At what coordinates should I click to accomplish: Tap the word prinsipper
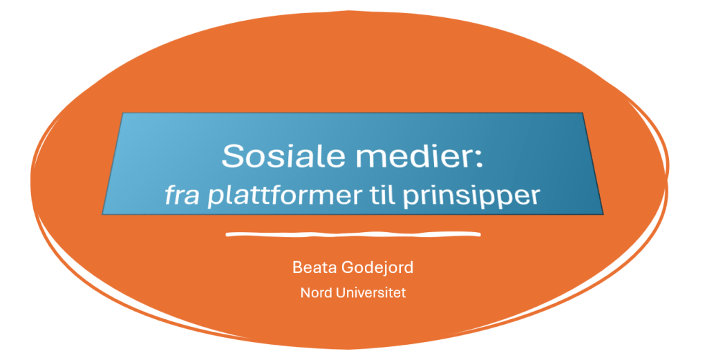pos(471,197)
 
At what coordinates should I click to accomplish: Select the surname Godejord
pos(377,268)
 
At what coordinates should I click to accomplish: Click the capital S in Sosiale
pos(232,156)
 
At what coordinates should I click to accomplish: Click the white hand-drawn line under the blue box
pos(353,234)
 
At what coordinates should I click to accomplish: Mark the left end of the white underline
pos(227,235)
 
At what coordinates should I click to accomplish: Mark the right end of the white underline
pos(480,234)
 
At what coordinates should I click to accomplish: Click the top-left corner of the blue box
pos(123,113)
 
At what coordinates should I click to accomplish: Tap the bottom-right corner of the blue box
pos(603,214)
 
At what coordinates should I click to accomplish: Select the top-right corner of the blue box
pos(583,113)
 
